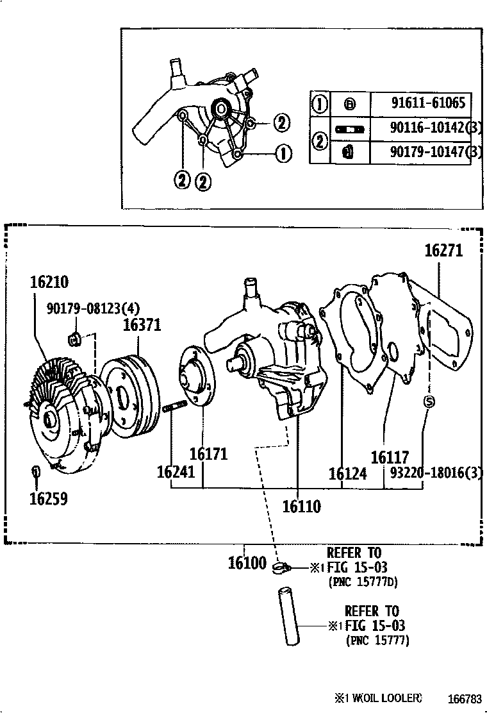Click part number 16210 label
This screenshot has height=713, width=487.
pyautogui.click(x=49, y=283)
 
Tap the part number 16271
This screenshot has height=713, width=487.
pyautogui.click(x=443, y=251)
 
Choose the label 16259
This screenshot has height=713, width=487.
pyautogui.click(x=48, y=499)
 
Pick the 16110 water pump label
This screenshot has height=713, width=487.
pyautogui.click(x=301, y=507)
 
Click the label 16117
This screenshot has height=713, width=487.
pyautogui.click(x=390, y=457)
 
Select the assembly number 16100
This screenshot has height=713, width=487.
pyautogui.click(x=247, y=564)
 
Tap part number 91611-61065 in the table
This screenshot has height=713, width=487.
pyautogui.click(x=427, y=103)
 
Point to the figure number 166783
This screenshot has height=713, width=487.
pyautogui.click(x=464, y=698)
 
